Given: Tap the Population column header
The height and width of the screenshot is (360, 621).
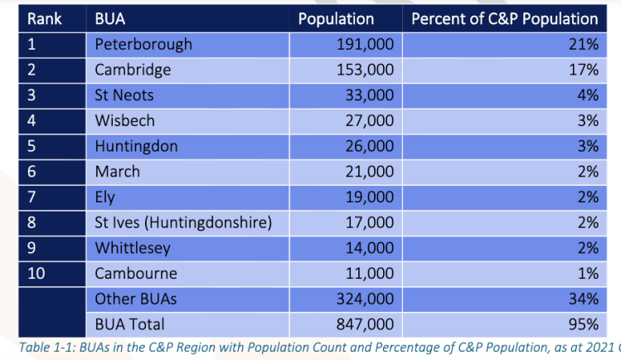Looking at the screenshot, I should [336, 18].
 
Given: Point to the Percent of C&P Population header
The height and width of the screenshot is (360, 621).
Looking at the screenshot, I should [504, 18].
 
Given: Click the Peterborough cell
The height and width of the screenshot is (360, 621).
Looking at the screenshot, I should [143, 44].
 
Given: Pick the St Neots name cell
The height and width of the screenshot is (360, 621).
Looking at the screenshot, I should [124, 95].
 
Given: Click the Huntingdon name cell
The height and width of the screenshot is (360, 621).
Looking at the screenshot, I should [134, 146].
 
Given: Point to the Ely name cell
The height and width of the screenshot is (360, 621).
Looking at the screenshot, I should [105, 197].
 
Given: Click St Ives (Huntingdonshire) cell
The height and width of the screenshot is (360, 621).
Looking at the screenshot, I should [183, 223].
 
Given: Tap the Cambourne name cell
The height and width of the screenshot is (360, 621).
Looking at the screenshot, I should [136, 274].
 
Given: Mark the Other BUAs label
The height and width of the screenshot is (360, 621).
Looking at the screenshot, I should [136, 299].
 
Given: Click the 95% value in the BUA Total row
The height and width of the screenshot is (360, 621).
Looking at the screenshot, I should [581, 324].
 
